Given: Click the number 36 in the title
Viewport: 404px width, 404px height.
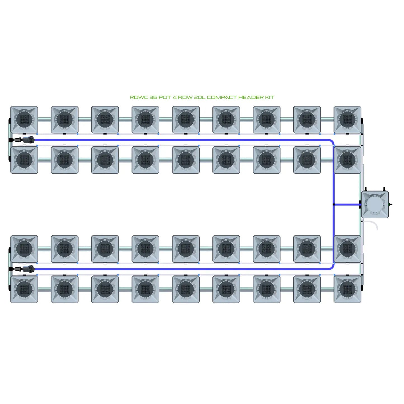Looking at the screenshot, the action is pyautogui.click(x=153, y=97).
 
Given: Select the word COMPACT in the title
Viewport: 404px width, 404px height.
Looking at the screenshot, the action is pyautogui.click(x=222, y=97).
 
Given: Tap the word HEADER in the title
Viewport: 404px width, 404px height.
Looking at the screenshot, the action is pyautogui.click(x=251, y=97).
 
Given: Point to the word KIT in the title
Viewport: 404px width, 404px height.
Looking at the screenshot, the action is pyautogui.click(x=270, y=97).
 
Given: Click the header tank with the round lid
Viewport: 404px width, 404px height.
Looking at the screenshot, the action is pyautogui.click(x=375, y=204).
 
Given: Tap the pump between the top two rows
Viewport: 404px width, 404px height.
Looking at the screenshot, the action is pyautogui.click(x=28, y=139).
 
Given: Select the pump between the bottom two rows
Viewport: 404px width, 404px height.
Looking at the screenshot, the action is pyautogui.click(x=28, y=269).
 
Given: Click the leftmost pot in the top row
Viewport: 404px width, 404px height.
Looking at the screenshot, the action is pyautogui.click(x=24, y=119).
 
